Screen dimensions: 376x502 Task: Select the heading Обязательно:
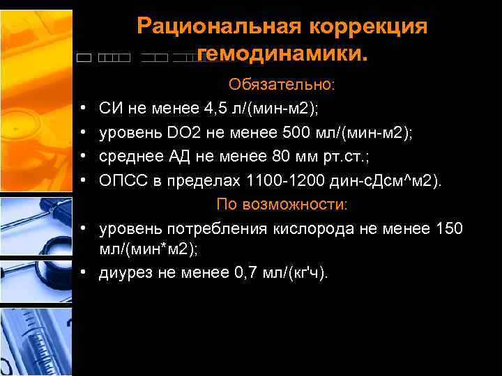click(282, 85)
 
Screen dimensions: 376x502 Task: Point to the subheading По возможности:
click(282, 205)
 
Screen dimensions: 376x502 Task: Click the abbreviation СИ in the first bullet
click(112, 109)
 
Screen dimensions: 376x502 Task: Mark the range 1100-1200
click(285, 181)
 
